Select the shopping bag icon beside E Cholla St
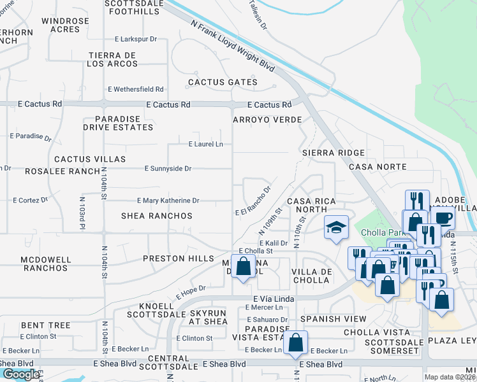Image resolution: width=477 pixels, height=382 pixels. [x=243, y=267]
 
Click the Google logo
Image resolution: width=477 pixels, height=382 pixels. [x=21, y=374]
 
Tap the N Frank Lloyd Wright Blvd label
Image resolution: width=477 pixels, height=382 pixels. [x=232, y=45]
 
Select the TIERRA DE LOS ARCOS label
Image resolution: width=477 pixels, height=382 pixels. [x=112, y=60]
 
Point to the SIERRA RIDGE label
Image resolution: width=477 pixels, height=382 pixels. [x=333, y=153]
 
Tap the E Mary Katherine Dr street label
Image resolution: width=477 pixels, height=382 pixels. [x=168, y=201]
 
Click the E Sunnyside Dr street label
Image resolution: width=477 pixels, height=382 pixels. [x=168, y=169]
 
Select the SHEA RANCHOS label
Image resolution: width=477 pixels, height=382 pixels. [x=157, y=216]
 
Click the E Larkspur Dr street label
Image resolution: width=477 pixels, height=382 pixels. [x=136, y=39]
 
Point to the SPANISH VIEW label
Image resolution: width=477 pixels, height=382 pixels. [x=334, y=319]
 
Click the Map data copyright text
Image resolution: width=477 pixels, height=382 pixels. [x=450, y=377]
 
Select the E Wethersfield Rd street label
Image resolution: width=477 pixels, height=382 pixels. [x=136, y=89]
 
